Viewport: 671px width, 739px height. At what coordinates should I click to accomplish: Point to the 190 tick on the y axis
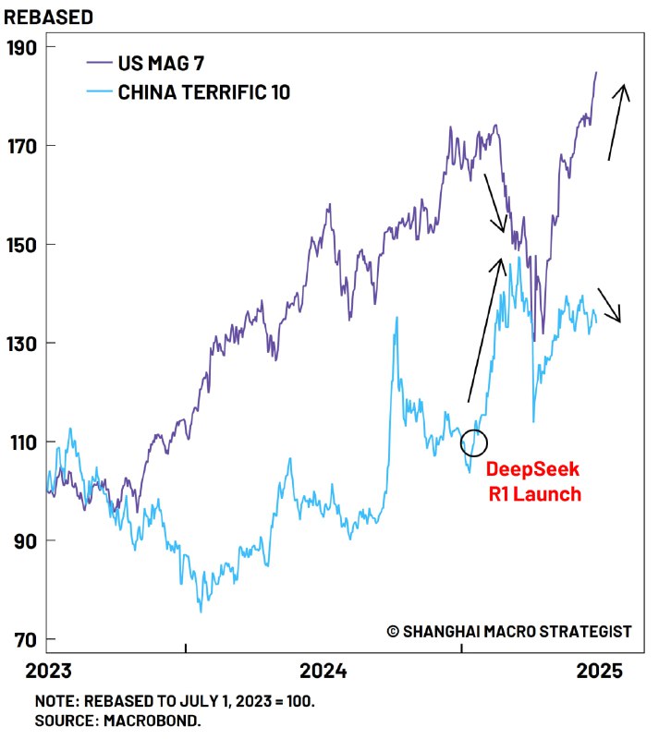click(x=23, y=47)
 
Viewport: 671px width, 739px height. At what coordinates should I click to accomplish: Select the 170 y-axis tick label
click(x=23, y=146)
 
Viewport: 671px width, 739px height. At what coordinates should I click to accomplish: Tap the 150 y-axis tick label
click(x=23, y=245)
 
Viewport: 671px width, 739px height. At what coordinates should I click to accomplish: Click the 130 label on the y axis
click(x=23, y=344)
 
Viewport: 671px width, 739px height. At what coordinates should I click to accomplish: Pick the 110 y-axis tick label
click(x=23, y=442)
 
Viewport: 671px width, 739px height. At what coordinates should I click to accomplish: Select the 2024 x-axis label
click(x=324, y=670)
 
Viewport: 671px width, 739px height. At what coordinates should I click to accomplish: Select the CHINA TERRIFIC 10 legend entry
click(x=203, y=92)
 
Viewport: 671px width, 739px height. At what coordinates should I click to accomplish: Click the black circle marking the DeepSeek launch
click(x=473, y=442)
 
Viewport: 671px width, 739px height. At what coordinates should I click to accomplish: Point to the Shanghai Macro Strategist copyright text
click(x=509, y=631)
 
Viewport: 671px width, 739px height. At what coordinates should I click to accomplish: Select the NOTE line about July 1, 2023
click(x=175, y=701)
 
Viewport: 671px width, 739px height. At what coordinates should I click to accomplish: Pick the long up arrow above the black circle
click(x=486, y=331)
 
